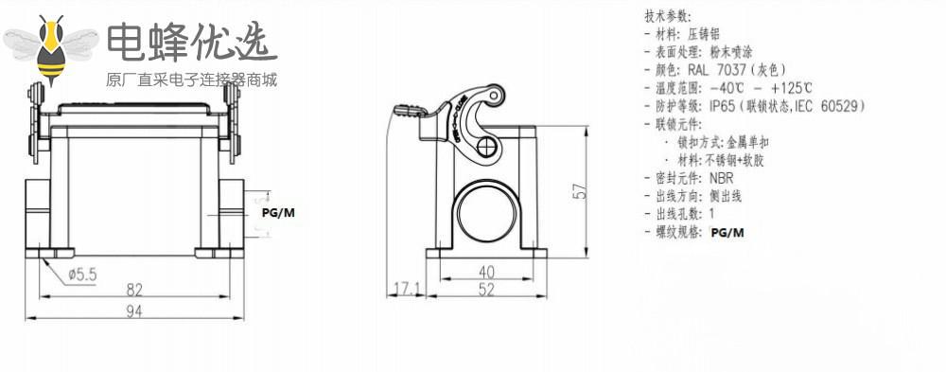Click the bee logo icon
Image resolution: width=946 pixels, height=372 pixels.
pyautogui.click(x=51, y=49)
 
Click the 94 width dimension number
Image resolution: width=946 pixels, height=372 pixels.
pyautogui.click(x=134, y=311)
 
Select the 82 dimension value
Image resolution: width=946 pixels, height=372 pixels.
pyautogui.click(x=134, y=290)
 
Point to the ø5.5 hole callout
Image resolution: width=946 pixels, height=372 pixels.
pyautogui.click(x=82, y=275)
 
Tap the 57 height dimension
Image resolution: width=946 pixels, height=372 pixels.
pyautogui.click(x=580, y=191)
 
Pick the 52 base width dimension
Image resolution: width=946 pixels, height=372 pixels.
pyautogui.click(x=485, y=290)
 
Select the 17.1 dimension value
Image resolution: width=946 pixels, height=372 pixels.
pyautogui.click(x=407, y=290)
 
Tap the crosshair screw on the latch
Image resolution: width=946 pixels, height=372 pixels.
pyautogui.click(x=485, y=147)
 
